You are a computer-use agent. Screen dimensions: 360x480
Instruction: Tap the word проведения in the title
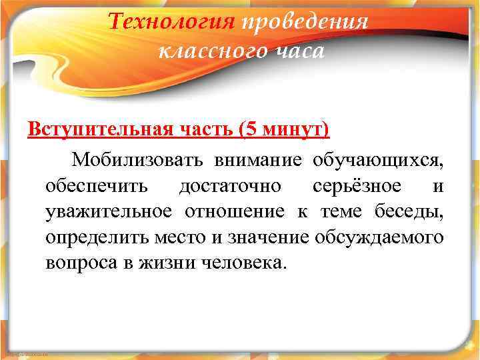coord(305,23)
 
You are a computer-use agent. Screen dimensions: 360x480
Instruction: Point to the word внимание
coord(257,160)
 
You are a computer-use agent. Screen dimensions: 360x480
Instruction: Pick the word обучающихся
coord(377,160)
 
